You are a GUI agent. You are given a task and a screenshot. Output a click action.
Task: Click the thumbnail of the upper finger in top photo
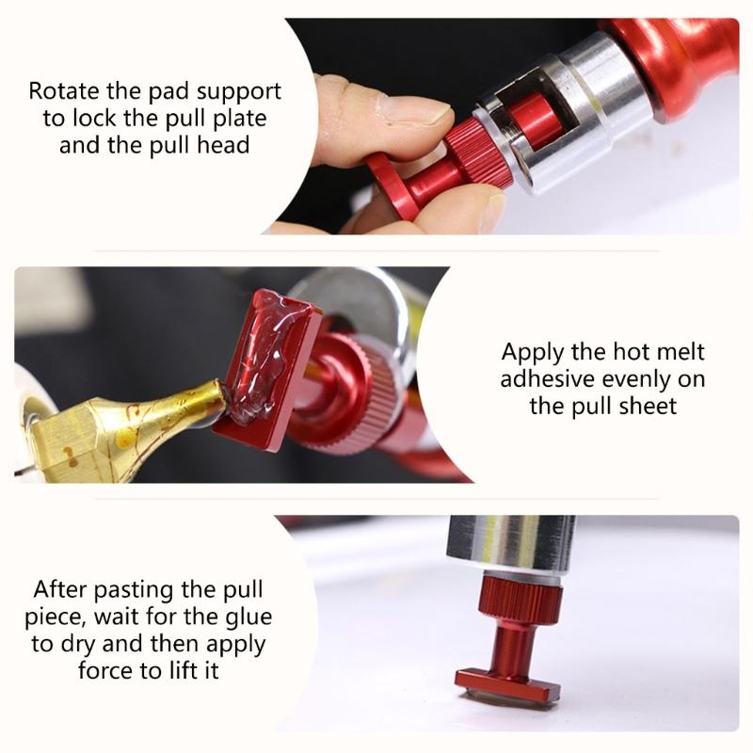click(x=414, y=112)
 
